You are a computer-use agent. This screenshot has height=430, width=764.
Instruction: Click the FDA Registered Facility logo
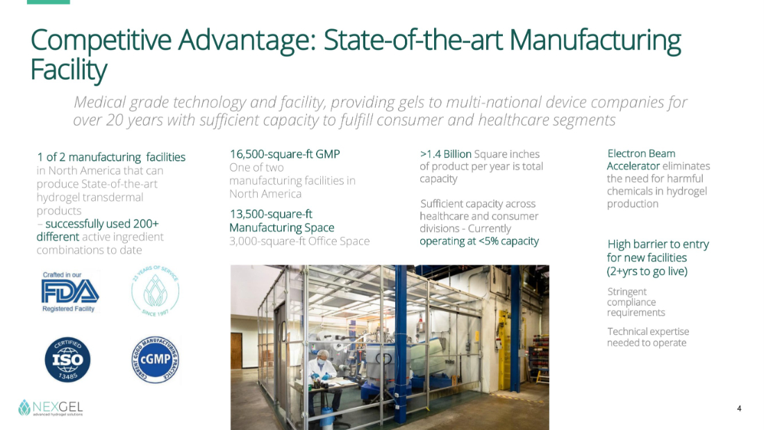coord(70,292)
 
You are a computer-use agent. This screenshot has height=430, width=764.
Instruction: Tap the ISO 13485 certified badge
coord(68,360)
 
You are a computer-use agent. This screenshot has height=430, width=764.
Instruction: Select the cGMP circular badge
coord(156,360)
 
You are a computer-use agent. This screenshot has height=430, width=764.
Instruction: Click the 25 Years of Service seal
coord(156,291)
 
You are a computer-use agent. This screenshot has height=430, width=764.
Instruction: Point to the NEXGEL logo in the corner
coord(50,408)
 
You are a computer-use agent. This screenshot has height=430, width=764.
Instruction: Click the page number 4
coord(739,408)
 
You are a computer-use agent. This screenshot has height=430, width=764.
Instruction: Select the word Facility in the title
coord(69,69)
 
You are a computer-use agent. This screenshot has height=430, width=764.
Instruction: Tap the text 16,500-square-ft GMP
coord(285,154)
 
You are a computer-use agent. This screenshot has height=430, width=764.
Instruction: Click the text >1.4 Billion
coord(445,154)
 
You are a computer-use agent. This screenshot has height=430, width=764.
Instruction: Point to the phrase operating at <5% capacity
coord(479,241)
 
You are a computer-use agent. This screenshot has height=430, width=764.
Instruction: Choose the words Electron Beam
coord(641,154)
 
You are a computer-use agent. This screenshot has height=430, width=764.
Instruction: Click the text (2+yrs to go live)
coord(647,271)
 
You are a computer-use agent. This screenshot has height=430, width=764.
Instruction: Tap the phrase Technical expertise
coord(648,331)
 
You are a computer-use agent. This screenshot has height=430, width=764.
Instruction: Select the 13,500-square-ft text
coord(271,214)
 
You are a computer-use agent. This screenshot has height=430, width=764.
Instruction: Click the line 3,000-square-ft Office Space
coord(299,241)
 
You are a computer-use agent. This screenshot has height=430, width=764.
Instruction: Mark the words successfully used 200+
coord(102,224)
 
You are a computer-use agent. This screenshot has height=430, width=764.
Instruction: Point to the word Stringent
coord(626,292)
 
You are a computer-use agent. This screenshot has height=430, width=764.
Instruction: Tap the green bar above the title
coord(48,2)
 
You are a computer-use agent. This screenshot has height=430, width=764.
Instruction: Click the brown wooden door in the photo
coord(236,351)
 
